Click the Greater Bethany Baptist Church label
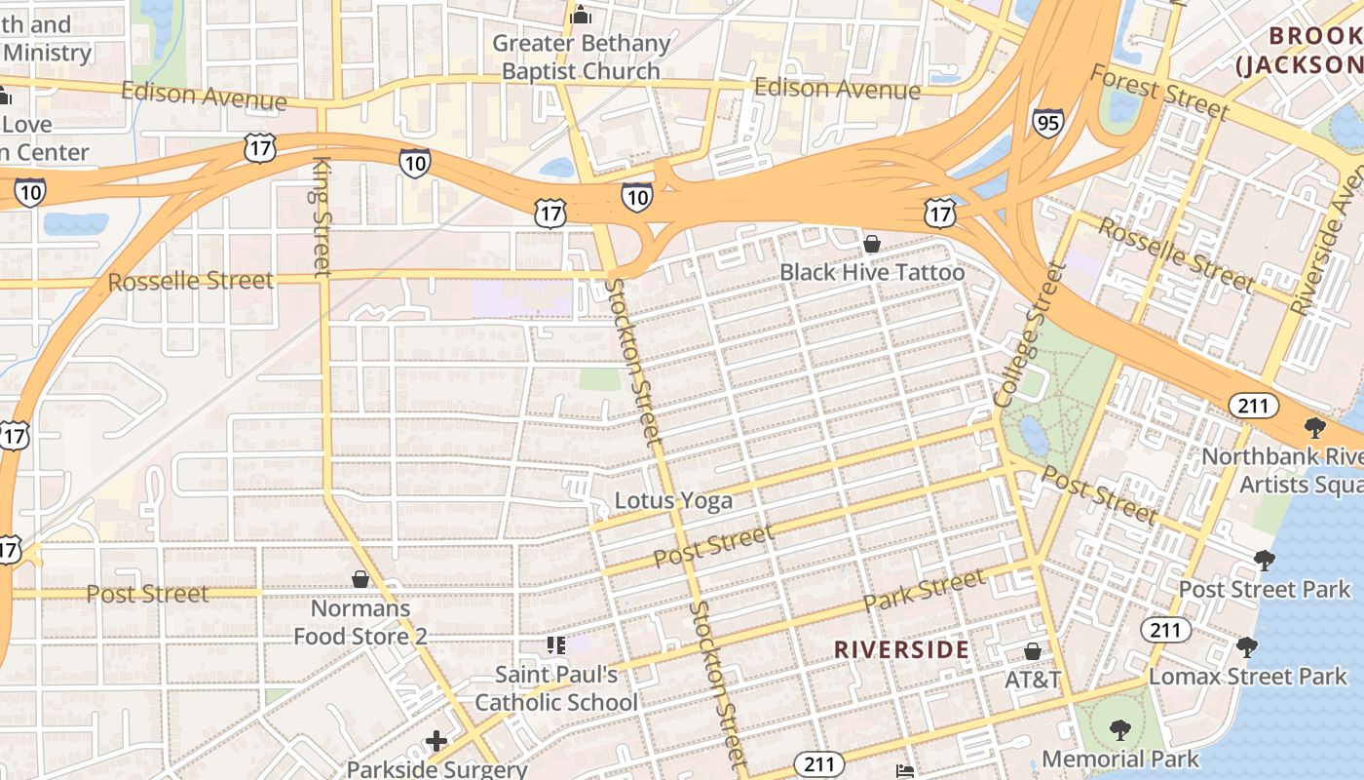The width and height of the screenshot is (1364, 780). point(582,58)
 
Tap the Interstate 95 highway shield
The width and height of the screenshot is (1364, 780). point(1047,122)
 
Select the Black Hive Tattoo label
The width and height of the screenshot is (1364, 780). point(872,272)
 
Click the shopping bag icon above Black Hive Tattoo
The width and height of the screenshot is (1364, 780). point(872,244)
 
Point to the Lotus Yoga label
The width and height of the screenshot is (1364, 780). point(673,501)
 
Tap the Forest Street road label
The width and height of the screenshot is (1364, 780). point(1158,93)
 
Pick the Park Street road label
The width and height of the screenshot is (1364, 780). point(924,590)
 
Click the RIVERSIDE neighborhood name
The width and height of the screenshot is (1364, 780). point(901,649)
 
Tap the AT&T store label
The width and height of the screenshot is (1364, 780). point(1033,680)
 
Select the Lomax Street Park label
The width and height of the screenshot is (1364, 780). point(1248,676)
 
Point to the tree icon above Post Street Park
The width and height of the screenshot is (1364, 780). point(1265,560)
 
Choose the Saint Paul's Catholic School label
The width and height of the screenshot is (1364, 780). point(556,687)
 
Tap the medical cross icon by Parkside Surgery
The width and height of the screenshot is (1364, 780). point(436,741)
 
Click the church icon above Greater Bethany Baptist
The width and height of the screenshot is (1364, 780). point(582,15)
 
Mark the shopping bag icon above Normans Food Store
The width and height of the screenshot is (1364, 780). point(360,579)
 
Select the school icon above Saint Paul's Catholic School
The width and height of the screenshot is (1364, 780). point(556,644)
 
